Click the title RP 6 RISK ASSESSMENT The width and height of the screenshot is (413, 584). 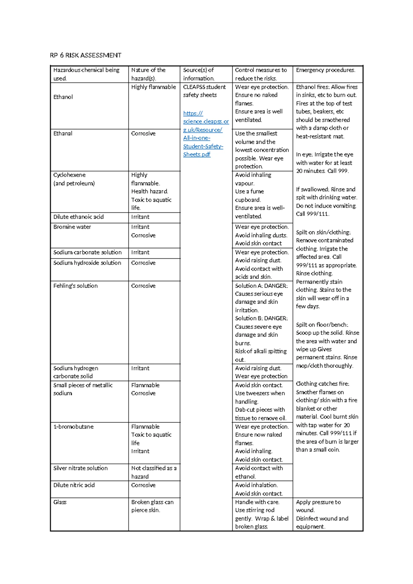[x=85, y=55]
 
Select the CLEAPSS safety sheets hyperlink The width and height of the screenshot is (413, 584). [x=205, y=134]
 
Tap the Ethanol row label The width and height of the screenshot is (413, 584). [x=63, y=97]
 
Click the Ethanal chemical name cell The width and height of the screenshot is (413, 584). [x=63, y=134]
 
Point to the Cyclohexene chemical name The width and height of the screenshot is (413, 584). [x=69, y=175]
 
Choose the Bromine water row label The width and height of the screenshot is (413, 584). [x=72, y=227]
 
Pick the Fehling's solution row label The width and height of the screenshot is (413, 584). [x=75, y=286]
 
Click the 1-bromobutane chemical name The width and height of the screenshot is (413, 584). [x=73, y=427]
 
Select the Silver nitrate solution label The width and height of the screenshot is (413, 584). [x=80, y=468]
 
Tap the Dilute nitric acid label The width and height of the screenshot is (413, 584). [x=74, y=485]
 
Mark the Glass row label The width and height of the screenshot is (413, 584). [x=60, y=502]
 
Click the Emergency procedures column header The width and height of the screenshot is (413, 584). [x=325, y=70]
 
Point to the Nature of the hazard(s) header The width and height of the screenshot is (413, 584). [x=148, y=74]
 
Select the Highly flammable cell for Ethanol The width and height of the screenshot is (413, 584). [x=153, y=87]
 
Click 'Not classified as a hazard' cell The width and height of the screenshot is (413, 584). [x=153, y=472]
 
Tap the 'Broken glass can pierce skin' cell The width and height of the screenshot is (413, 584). [x=152, y=506]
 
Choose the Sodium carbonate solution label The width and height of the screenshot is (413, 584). [x=87, y=252]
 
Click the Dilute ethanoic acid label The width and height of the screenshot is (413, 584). [x=78, y=217]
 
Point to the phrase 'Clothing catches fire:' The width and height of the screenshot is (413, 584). [x=322, y=384]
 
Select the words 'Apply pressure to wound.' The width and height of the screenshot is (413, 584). [x=318, y=506]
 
